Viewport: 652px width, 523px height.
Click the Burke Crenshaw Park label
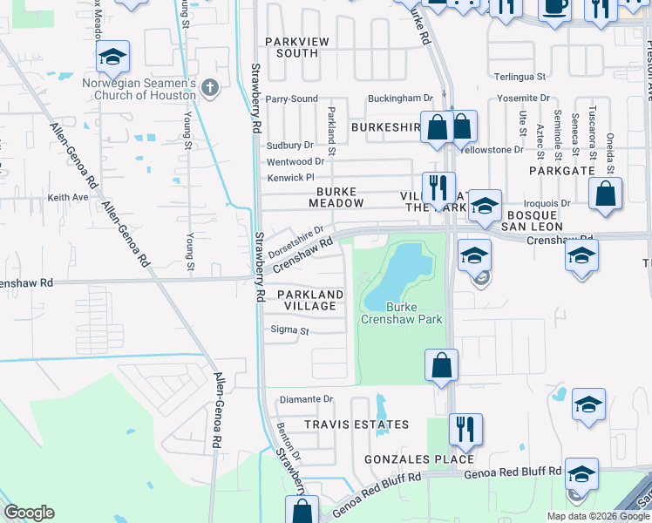click(x=402, y=314)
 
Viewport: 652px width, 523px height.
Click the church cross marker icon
click(x=209, y=87)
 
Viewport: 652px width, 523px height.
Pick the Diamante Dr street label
click(x=306, y=399)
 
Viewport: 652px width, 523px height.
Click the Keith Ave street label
click(x=68, y=198)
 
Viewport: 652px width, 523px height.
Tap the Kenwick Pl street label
click(x=289, y=179)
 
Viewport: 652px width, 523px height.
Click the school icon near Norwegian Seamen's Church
click(x=112, y=58)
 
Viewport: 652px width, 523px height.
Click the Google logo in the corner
click(x=29, y=513)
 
